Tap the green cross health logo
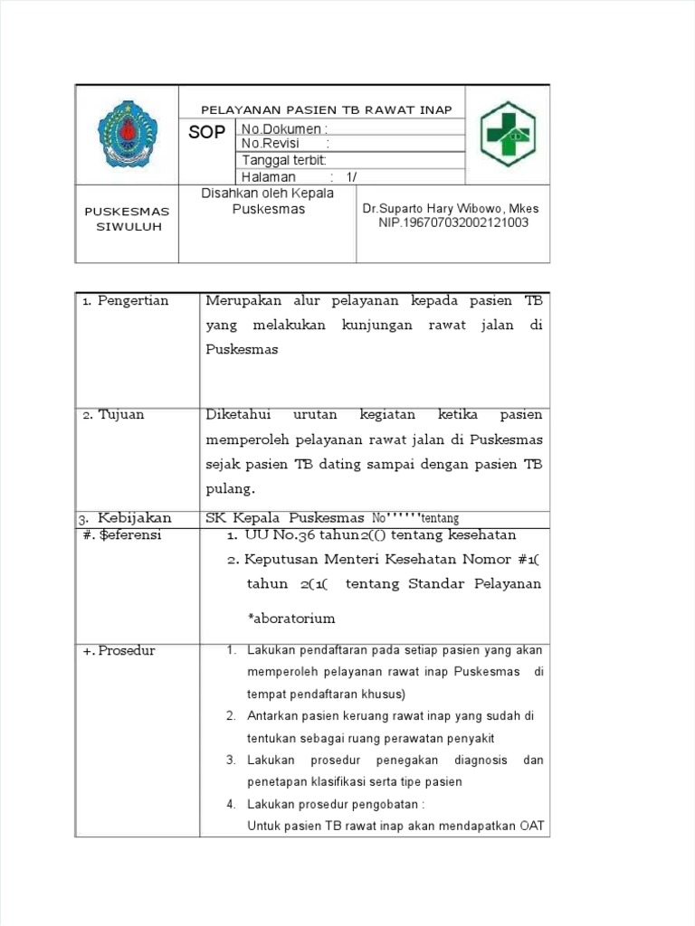[x=507, y=134]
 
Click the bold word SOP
[x=206, y=133]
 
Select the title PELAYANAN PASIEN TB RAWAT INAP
[x=326, y=110]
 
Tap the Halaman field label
[x=269, y=177]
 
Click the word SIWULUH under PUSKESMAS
[x=129, y=227]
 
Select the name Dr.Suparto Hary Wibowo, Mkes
[x=451, y=209]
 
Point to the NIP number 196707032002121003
[x=453, y=222]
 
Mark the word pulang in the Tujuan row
[x=231, y=489]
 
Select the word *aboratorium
[x=291, y=619]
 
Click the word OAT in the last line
[x=532, y=827]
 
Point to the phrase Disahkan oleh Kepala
[x=267, y=194]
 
